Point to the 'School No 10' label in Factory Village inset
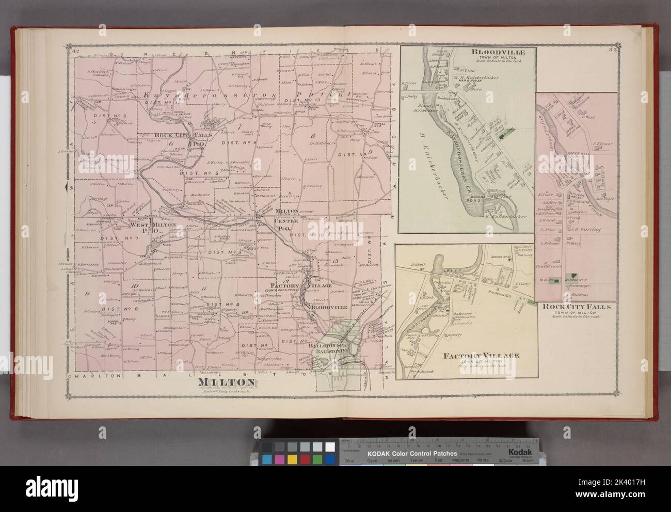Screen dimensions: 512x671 [502, 257]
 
